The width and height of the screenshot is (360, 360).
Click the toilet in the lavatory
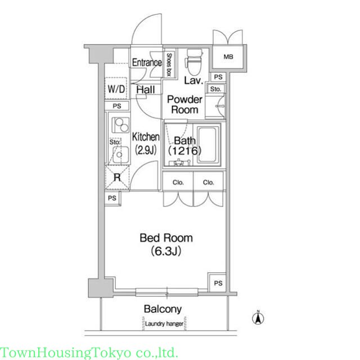pyautogui.click(x=193, y=61)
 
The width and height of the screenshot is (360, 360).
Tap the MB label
pyautogui.click(x=228, y=56)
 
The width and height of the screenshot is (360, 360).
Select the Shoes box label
pyautogui.click(x=169, y=65)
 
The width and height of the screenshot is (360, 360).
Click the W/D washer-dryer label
pyautogui.click(x=116, y=89)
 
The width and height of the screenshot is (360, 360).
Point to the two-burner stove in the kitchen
pyautogui.click(x=120, y=125)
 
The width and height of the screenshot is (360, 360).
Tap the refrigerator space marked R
pyautogui.click(x=117, y=177)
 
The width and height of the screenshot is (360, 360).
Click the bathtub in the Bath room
pyautogui.click(x=207, y=145)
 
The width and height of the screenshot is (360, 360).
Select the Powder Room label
pyautogui.click(x=185, y=105)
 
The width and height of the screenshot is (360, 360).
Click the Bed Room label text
pyautogui.click(x=166, y=238)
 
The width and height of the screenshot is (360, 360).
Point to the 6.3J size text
pyautogui.click(x=166, y=251)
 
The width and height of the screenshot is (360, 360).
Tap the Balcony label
pyautogui.click(x=163, y=309)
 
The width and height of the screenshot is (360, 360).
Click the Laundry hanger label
pyautogui.click(x=164, y=324)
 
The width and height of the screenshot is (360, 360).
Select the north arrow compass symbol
pyautogui.click(x=258, y=317)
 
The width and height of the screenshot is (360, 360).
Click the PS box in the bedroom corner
pyautogui.click(x=217, y=282)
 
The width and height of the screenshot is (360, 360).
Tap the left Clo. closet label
pyautogui.click(x=178, y=182)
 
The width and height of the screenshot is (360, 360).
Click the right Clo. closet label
pyautogui.click(x=209, y=182)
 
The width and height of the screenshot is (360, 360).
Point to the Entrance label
pyautogui.click(x=147, y=62)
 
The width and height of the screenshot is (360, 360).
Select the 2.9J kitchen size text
pyautogui.click(x=146, y=150)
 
